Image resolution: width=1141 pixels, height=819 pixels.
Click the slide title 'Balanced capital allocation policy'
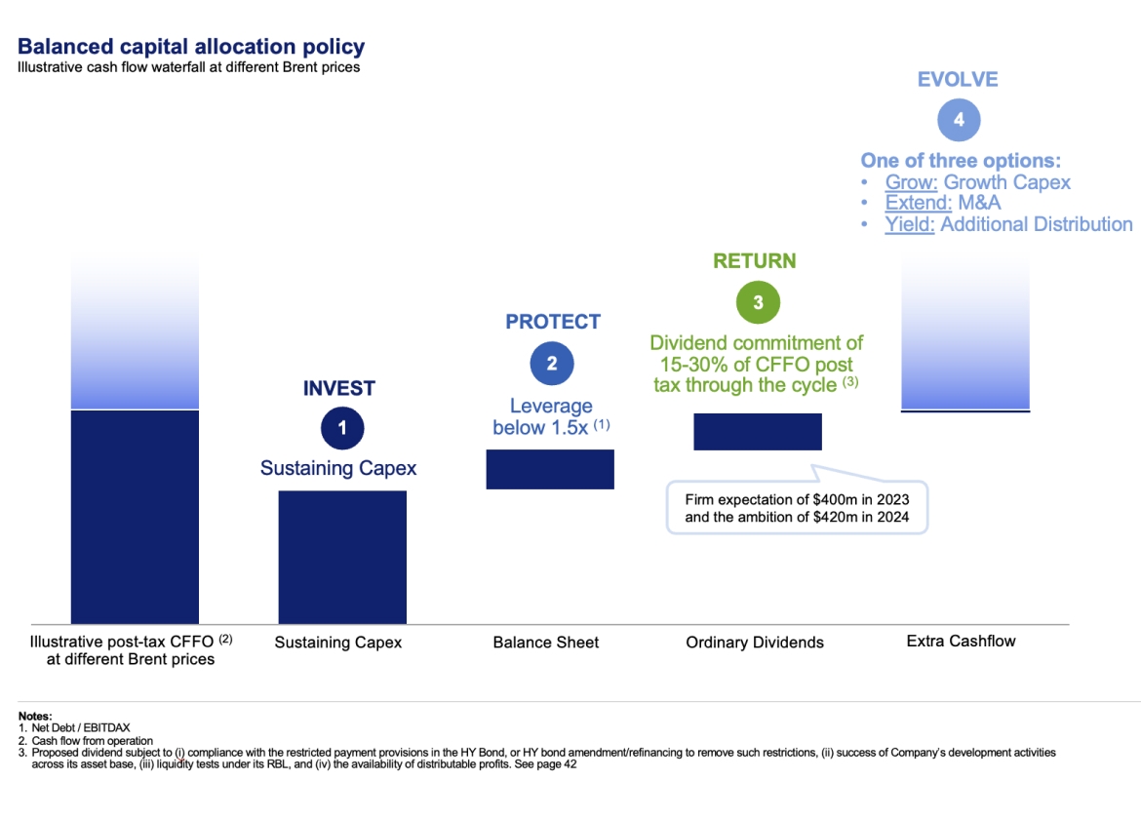pyautogui.click(x=191, y=46)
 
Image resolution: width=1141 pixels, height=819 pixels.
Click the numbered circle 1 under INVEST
pyautogui.click(x=342, y=428)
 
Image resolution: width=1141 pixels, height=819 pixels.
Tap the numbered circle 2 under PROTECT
pyautogui.click(x=552, y=364)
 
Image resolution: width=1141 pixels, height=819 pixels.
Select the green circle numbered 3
pyautogui.click(x=758, y=302)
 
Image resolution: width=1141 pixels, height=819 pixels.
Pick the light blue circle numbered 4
pyautogui.click(x=959, y=120)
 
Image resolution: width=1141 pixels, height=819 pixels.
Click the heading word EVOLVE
pyautogui.click(x=958, y=80)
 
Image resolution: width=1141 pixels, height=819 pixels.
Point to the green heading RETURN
pyautogui.click(x=754, y=261)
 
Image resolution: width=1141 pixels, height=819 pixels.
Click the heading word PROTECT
pyautogui.click(x=553, y=322)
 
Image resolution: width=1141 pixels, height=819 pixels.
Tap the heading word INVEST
pyautogui.click(x=338, y=388)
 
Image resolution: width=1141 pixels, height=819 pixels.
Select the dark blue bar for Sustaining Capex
pyautogui.click(x=342, y=557)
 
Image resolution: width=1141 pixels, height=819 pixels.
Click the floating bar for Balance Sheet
pyautogui.click(x=550, y=469)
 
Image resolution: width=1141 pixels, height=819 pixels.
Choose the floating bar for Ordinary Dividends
pyautogui.click(x=758, y=432)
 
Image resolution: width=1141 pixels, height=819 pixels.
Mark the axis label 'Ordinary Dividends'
pyautogui.click(x=755, y=643)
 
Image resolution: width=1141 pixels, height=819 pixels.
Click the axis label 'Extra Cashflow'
pyautogui.click(x=961, y=641)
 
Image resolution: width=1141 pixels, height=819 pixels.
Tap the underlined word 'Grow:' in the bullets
pyautogui.click(x=911, y=182)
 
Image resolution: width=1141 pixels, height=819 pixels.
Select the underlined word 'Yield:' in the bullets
pyautogui.click(x=910, y=224)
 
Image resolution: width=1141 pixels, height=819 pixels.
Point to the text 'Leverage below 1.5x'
pyautogui.click(x=551, y=416)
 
